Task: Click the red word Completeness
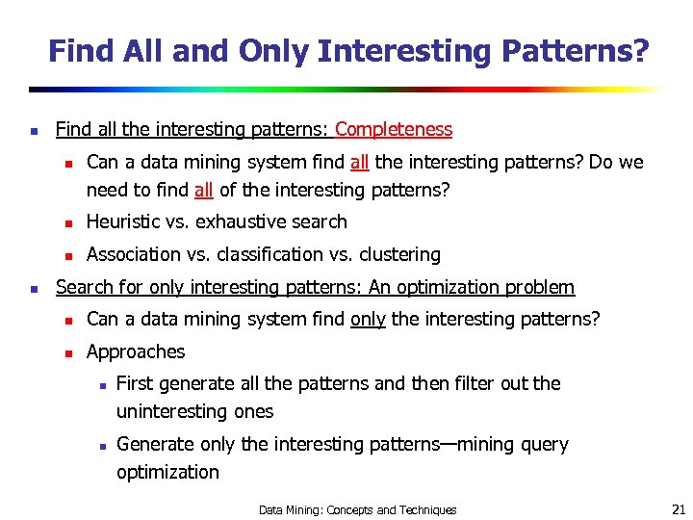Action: pos(393,129)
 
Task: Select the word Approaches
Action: pos(136,351)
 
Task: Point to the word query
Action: pos(546,445)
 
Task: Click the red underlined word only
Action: pos(368,319)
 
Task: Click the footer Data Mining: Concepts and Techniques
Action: pos(358,509)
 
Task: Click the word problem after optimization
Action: pos(540,287)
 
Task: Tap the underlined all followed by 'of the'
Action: pos(203,190)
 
